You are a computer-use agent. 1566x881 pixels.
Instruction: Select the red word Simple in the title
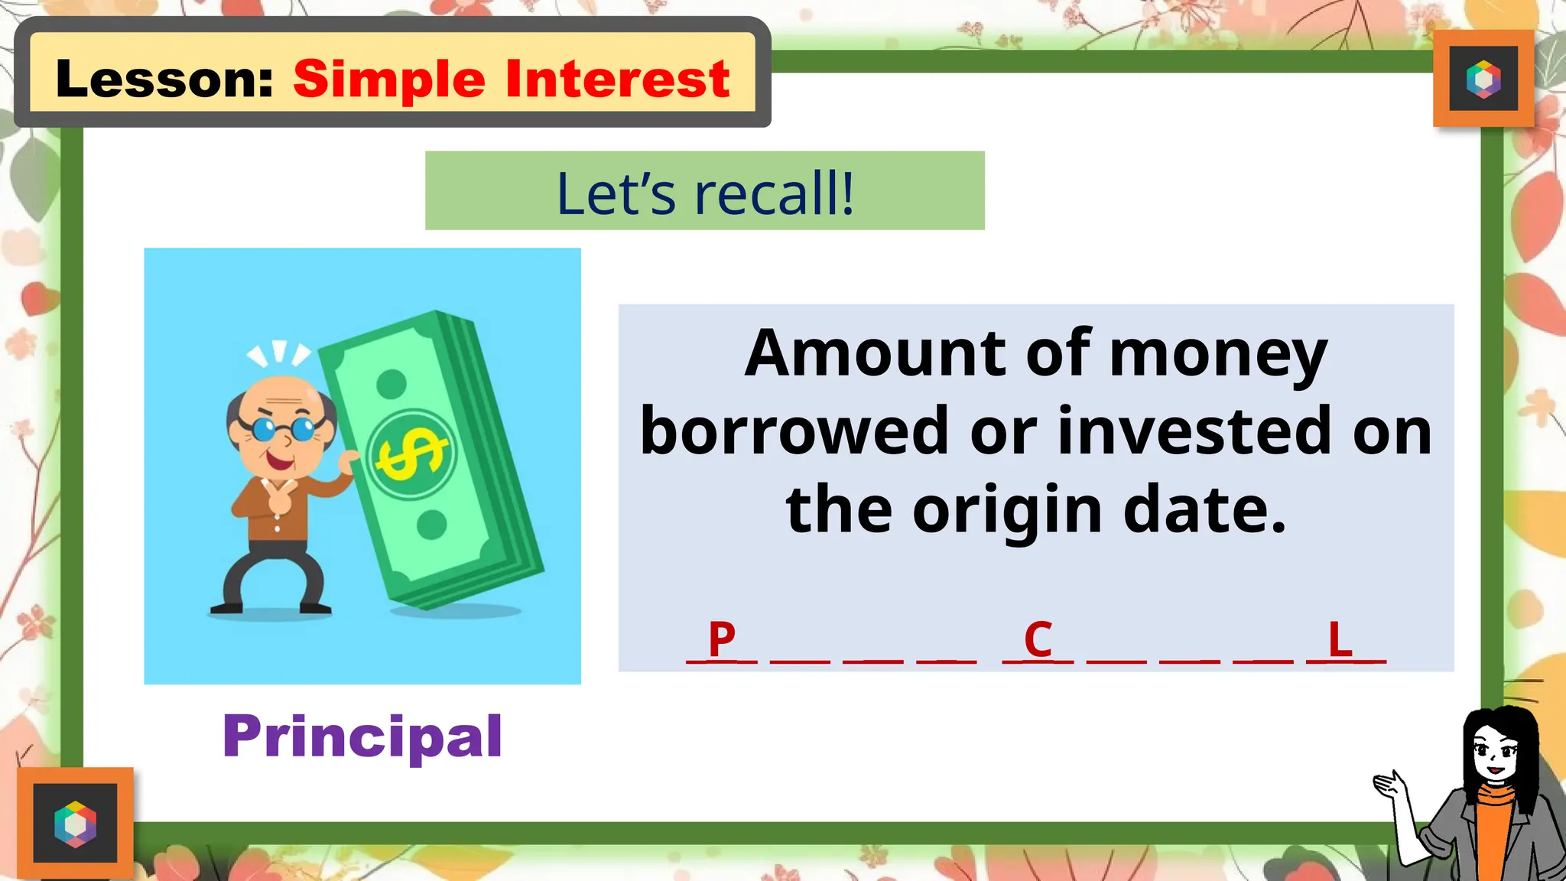pos(388,80)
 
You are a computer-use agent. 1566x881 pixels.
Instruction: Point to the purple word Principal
pos(362,736)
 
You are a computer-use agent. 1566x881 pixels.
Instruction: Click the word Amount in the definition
pos(876,353)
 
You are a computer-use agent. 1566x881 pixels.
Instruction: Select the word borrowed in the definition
pos(794,431)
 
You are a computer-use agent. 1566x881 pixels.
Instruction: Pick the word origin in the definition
pos(1006,511)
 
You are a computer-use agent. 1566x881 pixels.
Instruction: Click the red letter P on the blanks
pos(722,639)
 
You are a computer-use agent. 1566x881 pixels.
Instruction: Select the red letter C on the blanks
pos(1038,639)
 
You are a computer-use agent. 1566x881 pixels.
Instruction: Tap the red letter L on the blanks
pos(1340,639)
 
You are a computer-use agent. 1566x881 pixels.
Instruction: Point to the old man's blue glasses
pos(283,428)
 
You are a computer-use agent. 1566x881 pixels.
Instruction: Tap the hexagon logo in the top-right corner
pos(1483,79)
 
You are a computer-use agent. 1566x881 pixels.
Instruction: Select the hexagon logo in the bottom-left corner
pos(75,824)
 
